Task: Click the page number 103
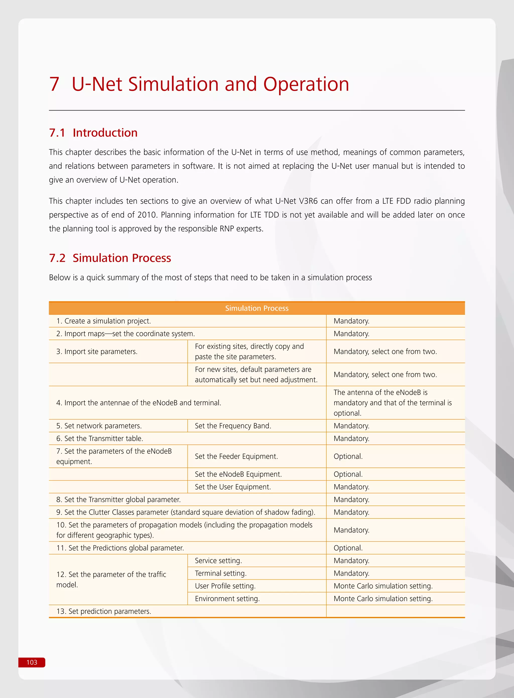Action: (x=32, y=662)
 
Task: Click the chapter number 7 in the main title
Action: (x=54, y=84)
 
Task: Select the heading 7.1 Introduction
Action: (x=93, y=133)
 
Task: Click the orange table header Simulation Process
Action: (x=257, y=308)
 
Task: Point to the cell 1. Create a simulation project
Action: (x=103, y=321)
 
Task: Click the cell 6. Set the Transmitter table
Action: (x=100, y=438)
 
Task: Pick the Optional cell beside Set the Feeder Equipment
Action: (x=348, y=456)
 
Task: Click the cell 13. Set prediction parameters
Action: (x=104, y=611)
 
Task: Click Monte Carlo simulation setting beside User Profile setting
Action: (x=383, y=586)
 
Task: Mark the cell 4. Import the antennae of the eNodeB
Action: (x=139, y=403)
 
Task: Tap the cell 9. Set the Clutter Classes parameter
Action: (x=186, y=512)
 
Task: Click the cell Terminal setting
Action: (x=221, y=573)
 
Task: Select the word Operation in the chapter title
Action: (x=306, y=84)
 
